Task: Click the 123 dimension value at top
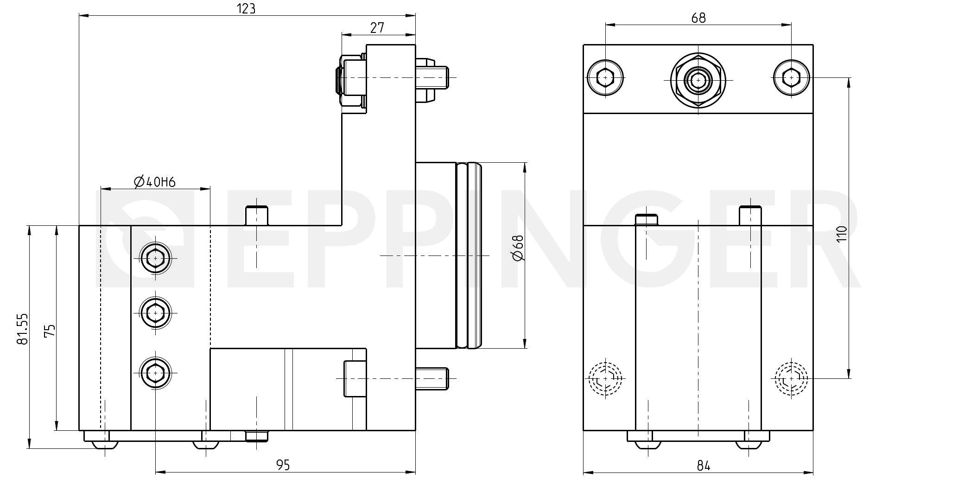pos(246,8)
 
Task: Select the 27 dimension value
pos(377,27)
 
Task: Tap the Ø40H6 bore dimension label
pos(155,182)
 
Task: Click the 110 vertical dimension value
pos(842,233)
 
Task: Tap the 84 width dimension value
pos(703,465)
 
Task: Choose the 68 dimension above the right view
pos(698,18)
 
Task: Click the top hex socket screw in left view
pos(155,258)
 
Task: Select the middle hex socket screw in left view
pos(155,313)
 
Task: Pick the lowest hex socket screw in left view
pos(155,372)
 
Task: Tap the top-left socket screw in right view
pos(605,77)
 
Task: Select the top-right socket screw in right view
pos(791,77)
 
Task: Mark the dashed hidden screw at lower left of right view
pos(605,379)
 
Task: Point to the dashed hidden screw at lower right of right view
pos(791,379)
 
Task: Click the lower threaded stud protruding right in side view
pos(433,378)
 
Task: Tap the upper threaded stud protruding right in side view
pos(433,77)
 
